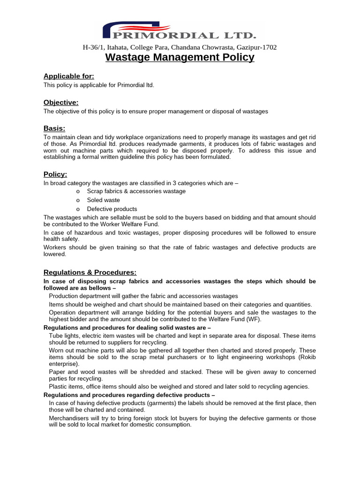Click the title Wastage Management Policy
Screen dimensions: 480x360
(x=180, y=57)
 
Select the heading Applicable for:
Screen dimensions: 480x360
(x=69, y=76)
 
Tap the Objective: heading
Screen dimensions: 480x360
(x=61, y=102)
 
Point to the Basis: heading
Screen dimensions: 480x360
(x=54, y=128)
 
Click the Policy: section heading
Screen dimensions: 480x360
(x=55, y=174)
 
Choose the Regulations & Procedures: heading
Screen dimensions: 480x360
(x=90, y=272)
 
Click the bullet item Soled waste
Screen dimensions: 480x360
(x=103, y=200)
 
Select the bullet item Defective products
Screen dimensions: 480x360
(x=112, y=209)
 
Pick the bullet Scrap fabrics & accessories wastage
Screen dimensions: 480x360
(x=136, y=191)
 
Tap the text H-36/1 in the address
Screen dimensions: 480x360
(x=93, y=47)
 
